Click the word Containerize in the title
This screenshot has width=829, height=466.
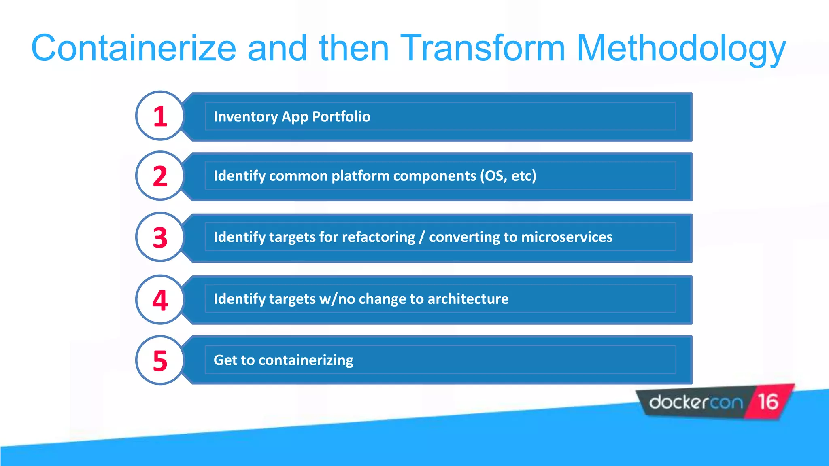click(x=134, y=48)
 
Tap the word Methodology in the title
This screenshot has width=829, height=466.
click(x=681, y=48)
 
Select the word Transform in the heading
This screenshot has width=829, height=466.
click(x=483, y=48)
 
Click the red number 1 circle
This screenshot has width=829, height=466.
click(x=160, y=116)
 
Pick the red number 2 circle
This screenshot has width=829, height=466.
click(x=160, y=176)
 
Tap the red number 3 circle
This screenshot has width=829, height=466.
click(x=160, y=237)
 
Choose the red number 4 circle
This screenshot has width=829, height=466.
click(x=160, y=300)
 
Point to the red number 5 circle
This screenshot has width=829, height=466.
click(x=160, y=360)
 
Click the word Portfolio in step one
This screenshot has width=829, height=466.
click(x=341, y=117)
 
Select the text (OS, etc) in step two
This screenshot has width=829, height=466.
click(x=508, y=176)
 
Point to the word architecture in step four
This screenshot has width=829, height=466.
click(x=468, y=299)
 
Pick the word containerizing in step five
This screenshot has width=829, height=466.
click(x=306, y=360)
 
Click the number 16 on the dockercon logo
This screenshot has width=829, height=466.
click(x=767, y=402)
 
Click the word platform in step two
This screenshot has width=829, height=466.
click(x=360, y=176)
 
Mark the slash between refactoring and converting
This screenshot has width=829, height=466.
click(x=422, y=237)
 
